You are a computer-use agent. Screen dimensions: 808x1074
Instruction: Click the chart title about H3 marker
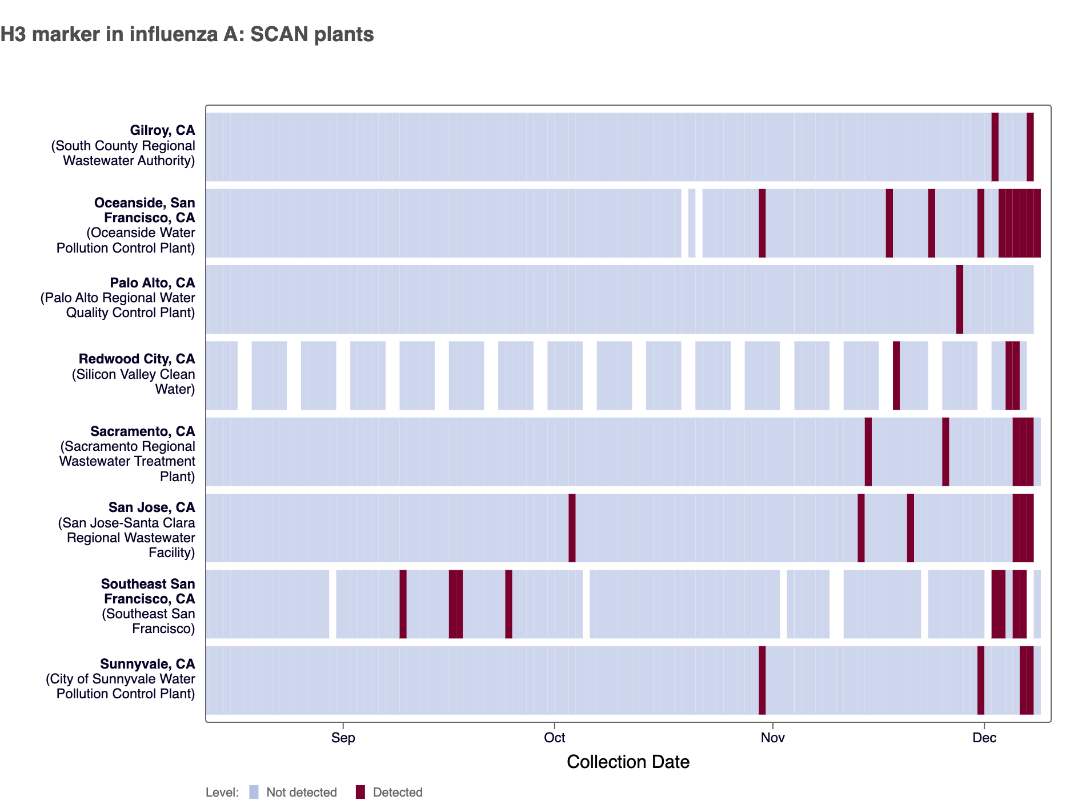187,34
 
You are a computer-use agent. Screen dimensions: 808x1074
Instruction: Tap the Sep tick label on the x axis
343,737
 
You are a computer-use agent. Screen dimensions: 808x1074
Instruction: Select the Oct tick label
554,737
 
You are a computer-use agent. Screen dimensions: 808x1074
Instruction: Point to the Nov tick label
772,737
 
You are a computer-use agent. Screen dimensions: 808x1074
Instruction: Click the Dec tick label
984,737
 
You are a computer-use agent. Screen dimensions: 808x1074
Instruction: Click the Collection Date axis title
628,762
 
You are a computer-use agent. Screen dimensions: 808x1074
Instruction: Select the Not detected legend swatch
254,792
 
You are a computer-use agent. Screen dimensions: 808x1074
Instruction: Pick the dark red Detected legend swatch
360,792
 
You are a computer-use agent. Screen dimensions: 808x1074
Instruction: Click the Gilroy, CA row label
162,131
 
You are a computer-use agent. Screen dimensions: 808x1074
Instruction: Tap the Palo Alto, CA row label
153,283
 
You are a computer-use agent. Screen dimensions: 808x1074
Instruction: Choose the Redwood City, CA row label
137,359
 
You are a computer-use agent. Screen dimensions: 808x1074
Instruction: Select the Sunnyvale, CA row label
147,664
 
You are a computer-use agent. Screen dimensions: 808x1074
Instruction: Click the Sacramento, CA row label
143,431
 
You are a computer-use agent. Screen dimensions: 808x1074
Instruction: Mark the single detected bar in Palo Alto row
960,299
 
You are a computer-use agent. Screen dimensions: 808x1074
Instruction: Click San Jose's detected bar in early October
572,528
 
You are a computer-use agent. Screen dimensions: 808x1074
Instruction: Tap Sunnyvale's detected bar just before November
762,680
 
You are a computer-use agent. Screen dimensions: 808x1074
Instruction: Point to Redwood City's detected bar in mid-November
896,375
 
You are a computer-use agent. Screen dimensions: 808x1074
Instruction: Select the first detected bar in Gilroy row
995,147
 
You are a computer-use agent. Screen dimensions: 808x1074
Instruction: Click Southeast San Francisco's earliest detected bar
403,604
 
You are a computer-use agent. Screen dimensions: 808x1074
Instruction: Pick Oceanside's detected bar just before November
762,223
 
